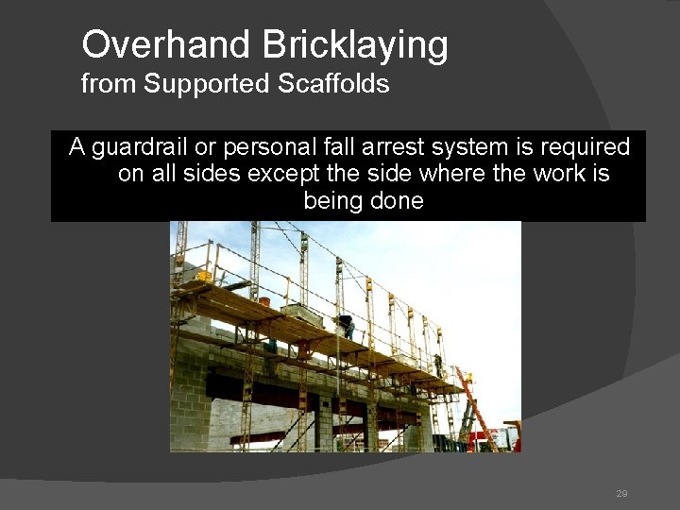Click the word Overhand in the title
tap(142, 43)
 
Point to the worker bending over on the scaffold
tap(348, 326)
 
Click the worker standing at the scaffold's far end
tap(437, 365)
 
